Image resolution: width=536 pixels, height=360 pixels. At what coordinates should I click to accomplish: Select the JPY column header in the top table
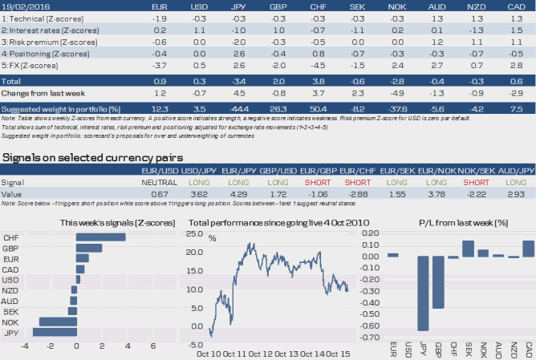click(238, 6)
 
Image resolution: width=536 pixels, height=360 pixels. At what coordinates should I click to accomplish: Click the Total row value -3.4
click(238, 81)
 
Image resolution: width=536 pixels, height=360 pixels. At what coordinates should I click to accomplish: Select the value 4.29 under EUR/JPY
click(240, 193)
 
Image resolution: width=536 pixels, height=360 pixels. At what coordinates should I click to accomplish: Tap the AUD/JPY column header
click(514, 171)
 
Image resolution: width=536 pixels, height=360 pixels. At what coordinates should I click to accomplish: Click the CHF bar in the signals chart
click(101, 237)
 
